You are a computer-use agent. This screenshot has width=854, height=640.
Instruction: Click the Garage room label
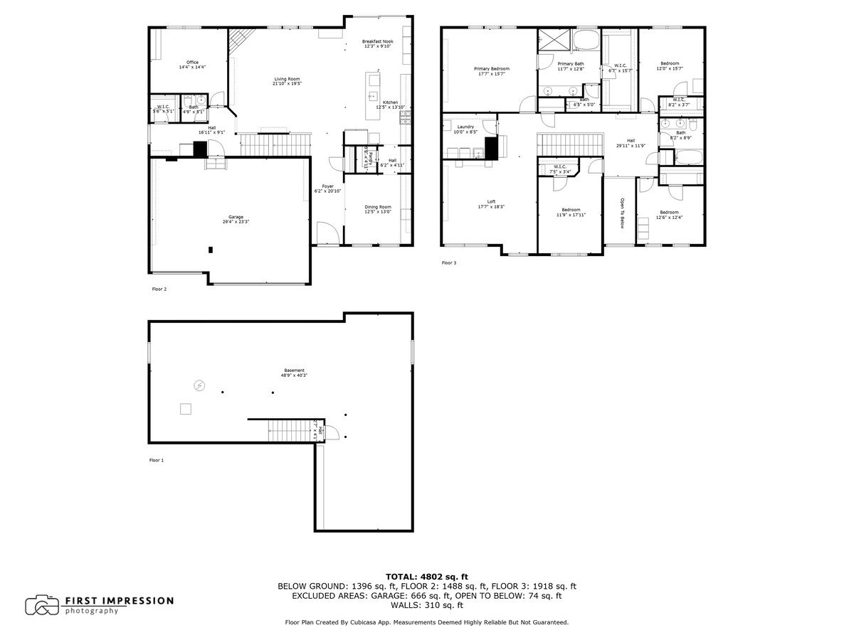[235, 218]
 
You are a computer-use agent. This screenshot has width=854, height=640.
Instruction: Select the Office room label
[192, 63]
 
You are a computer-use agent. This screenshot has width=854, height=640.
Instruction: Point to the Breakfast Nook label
[377, 42]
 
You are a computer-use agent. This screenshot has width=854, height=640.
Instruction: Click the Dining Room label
[378, 207]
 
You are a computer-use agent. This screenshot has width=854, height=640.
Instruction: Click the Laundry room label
[465, 127]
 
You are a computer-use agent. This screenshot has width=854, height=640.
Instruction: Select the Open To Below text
[621, 213]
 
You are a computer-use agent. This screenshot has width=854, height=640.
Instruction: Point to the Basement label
[295, 370]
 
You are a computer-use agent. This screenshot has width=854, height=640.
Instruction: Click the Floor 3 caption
[449, 263]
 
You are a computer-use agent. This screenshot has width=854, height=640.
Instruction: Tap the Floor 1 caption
[157, 461]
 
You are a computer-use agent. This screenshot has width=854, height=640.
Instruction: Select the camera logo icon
[42, 605]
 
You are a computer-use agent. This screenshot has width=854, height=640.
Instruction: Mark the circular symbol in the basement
[199, 385]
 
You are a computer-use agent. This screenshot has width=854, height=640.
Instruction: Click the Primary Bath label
[570, 64]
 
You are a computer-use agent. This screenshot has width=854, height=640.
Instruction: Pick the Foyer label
[327, 186]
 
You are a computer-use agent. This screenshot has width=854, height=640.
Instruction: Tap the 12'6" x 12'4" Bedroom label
[668, 213]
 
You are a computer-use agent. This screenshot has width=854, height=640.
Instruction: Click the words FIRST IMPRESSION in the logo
[119, 601]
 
